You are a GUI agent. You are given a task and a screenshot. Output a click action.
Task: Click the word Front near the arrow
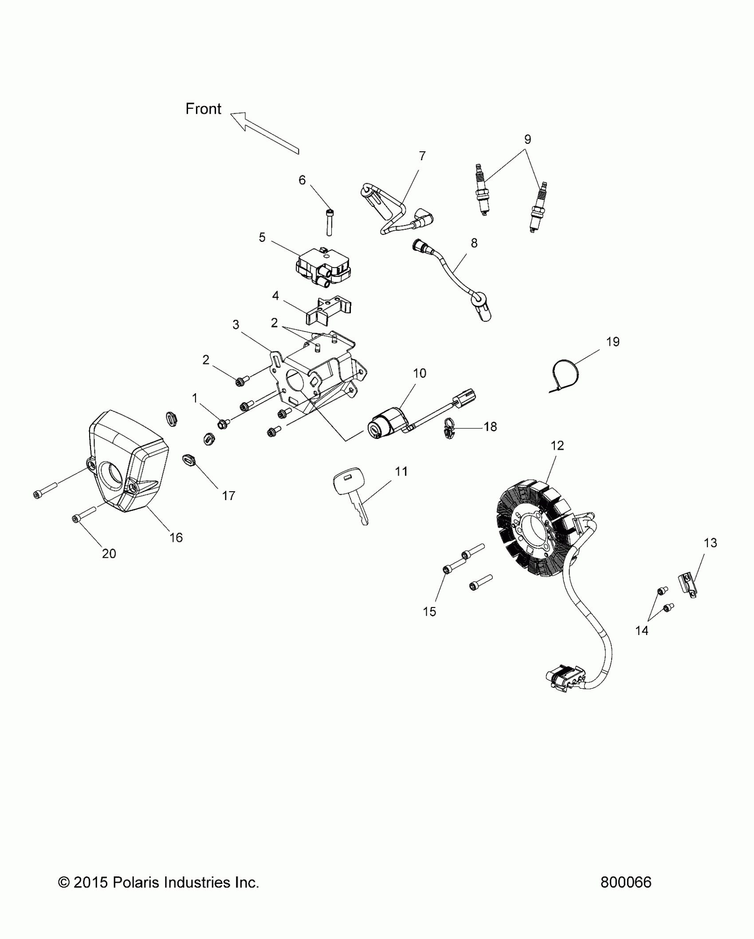click(203, 109)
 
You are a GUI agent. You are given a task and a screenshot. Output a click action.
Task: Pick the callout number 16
click(176, 537)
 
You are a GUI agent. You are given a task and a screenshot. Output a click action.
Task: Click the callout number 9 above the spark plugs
click(527, 139)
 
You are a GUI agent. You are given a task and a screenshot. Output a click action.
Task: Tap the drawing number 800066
click(626, 882)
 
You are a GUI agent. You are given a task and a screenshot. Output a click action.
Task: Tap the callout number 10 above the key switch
click(419, 373)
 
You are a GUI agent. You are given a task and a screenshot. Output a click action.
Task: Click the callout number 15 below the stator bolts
click(429, 612)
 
